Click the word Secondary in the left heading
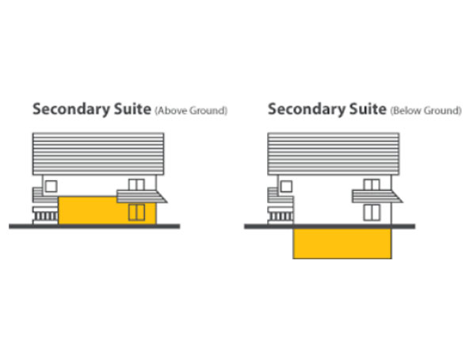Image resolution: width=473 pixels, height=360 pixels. [x=71, y=109]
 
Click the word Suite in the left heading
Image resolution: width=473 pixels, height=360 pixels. [x=132, y=109]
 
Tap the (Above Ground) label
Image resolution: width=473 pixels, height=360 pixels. [x=191, y=111]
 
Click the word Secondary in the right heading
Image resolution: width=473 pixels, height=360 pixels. [x=306, y=109]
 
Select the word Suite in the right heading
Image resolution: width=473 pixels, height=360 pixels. [x=368, y=109]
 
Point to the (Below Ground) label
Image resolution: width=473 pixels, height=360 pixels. [x=426, y=111]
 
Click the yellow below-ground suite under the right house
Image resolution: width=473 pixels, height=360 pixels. [x=342, y=243]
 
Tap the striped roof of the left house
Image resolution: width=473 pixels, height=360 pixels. [x=98, y=154]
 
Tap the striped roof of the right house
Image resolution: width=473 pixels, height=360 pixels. [x=334, y=154]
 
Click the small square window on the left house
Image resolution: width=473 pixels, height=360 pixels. [x=51, y=186]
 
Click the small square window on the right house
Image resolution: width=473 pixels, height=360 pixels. [x=286, y=186]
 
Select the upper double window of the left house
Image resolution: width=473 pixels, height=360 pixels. [x=136, y=185]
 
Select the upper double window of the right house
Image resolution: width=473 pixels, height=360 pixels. [x=372, y=185]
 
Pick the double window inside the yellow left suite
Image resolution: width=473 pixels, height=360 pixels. [x=136, y=213]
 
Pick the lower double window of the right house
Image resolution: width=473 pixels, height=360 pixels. [x=372, y=213]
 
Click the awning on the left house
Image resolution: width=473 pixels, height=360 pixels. [x=141, y=197]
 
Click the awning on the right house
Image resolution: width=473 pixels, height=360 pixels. [x=376, y=197]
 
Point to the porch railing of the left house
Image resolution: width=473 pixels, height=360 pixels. [x=46, y=216]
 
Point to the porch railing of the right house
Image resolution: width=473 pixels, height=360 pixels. [x=280, y=216]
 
